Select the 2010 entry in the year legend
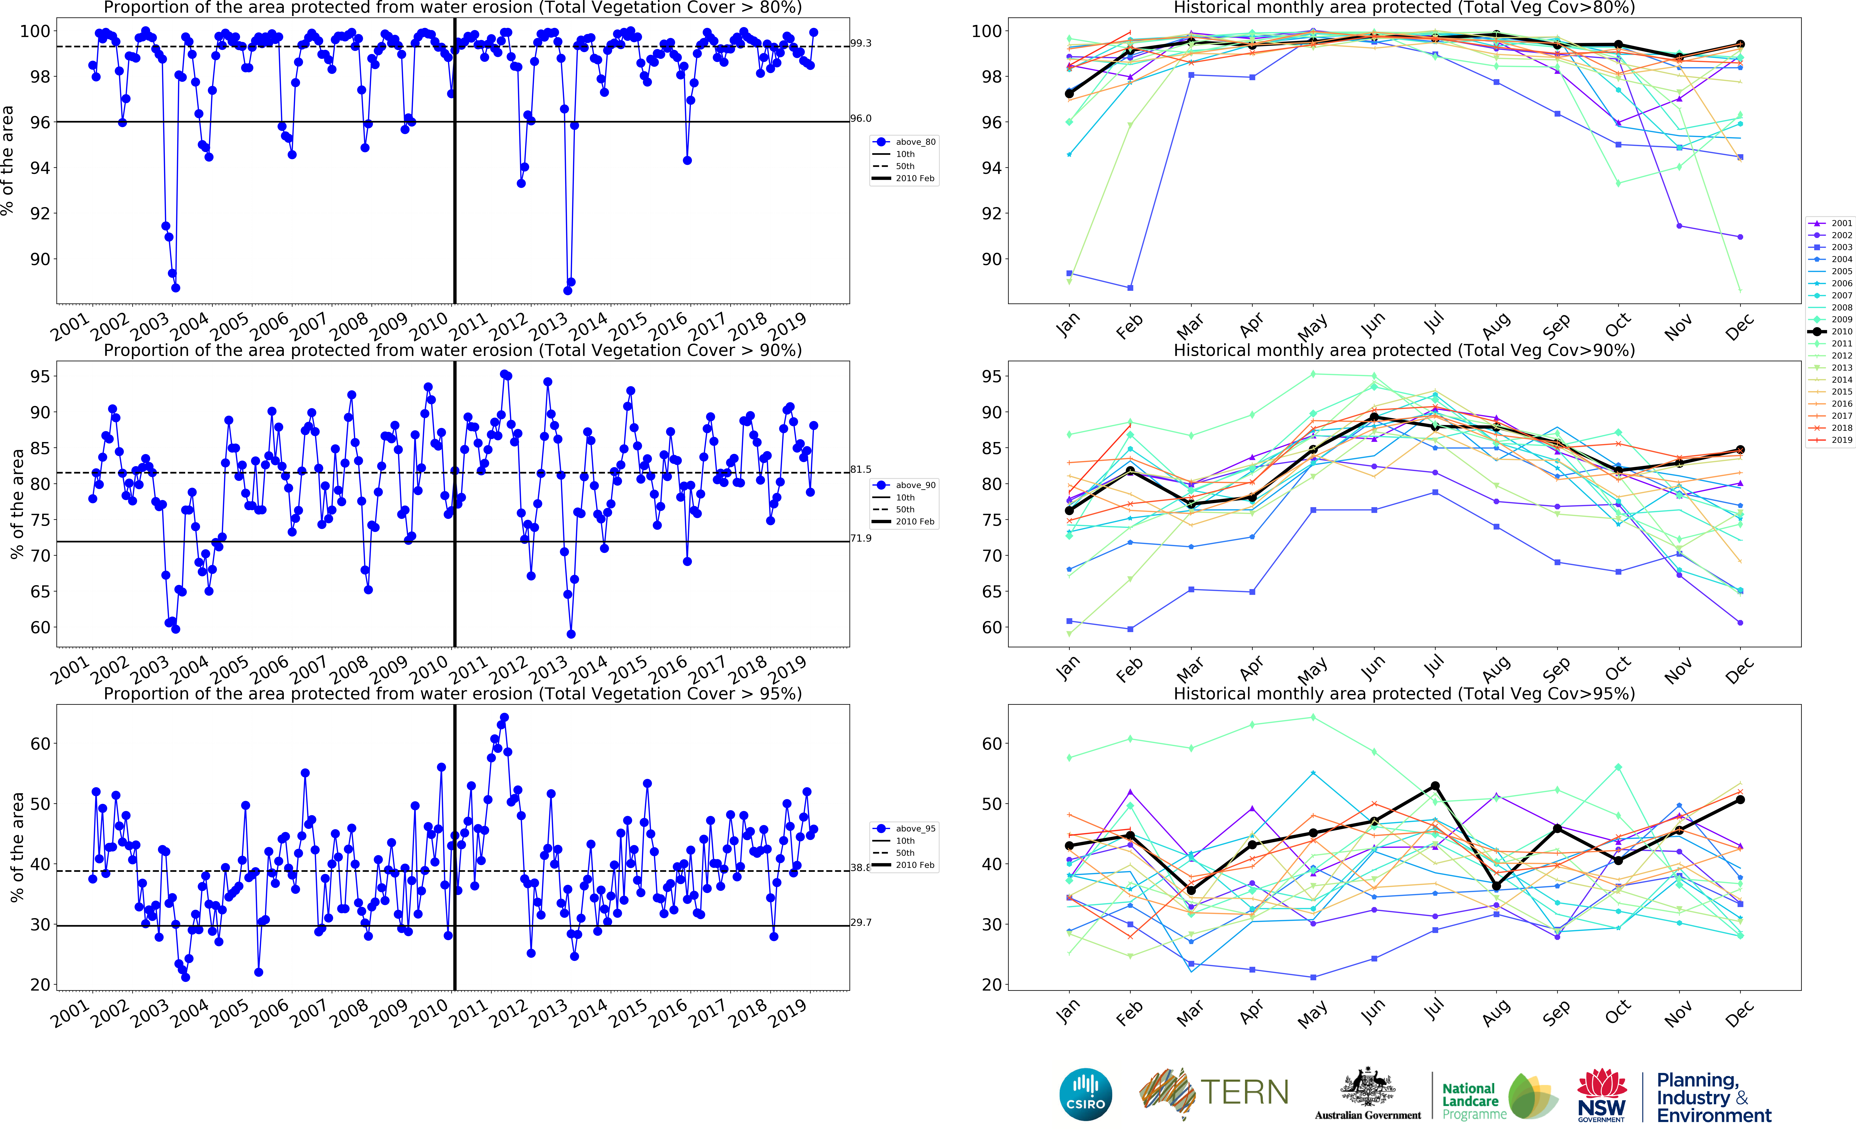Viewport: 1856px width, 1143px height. coord(1841,331)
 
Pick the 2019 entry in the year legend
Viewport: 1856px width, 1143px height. coord(1841,440)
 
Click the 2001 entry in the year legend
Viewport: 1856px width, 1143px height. coord(1841,223)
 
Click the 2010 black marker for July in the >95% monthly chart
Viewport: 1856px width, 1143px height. coord(1435,786)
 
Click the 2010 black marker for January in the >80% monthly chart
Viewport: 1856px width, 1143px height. coord(1069,94)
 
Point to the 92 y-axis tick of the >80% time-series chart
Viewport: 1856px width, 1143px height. coord(39,213)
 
